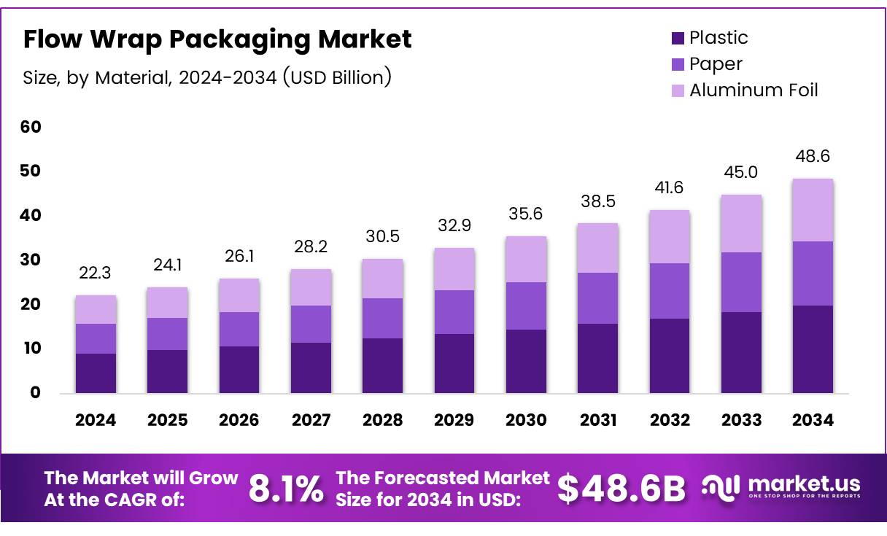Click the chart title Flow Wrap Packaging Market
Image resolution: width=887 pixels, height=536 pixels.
pyautogui.click(x=217, y=39)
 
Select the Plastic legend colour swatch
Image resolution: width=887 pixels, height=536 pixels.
pyautogui.click(x=678, y=38)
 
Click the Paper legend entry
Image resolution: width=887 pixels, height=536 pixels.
pyautogui.click(x=716, y=64)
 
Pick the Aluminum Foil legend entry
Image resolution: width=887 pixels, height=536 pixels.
pyautogui.click(x=754, y=90)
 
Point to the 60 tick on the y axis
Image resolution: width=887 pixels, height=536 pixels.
pyautogui.click(x=31, y=127)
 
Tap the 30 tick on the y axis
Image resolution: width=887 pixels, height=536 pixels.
pyautogui.click(x=31, y=260)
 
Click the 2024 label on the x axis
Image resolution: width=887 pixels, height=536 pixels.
pyautogui.click(x=96, y=420)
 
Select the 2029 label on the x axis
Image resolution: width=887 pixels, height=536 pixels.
pyautogui.click(x=454, y=420)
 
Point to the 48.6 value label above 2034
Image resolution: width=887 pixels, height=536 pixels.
pyautogui.click(x=813, y=157)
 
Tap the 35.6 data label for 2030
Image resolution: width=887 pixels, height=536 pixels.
pyautogui.click(x=526, y=214)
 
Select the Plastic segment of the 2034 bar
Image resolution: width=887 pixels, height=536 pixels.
pyautogui.click(x=813, y=349)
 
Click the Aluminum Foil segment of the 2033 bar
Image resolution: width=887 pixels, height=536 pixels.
pyautogui.click(x=741, y=223)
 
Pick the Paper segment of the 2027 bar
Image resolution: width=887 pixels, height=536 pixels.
pyautogui.click(x=311, y=324)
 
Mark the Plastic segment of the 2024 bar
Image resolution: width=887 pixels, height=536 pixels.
pyautogui.click(x=96, y=373)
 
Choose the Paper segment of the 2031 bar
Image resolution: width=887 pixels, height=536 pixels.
pyautogui.click(x=597, y=298)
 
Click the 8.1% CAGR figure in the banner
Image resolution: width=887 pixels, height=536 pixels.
pyautogui.click(x=286, y=488)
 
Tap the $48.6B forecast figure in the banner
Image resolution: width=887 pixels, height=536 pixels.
pyautogui.click(x=621, y=488)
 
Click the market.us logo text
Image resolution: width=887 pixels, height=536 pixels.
pyautogui.click(x=803, y=484)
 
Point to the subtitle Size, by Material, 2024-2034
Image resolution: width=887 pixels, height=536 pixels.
pyautogui.click(x=207, y=77)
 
